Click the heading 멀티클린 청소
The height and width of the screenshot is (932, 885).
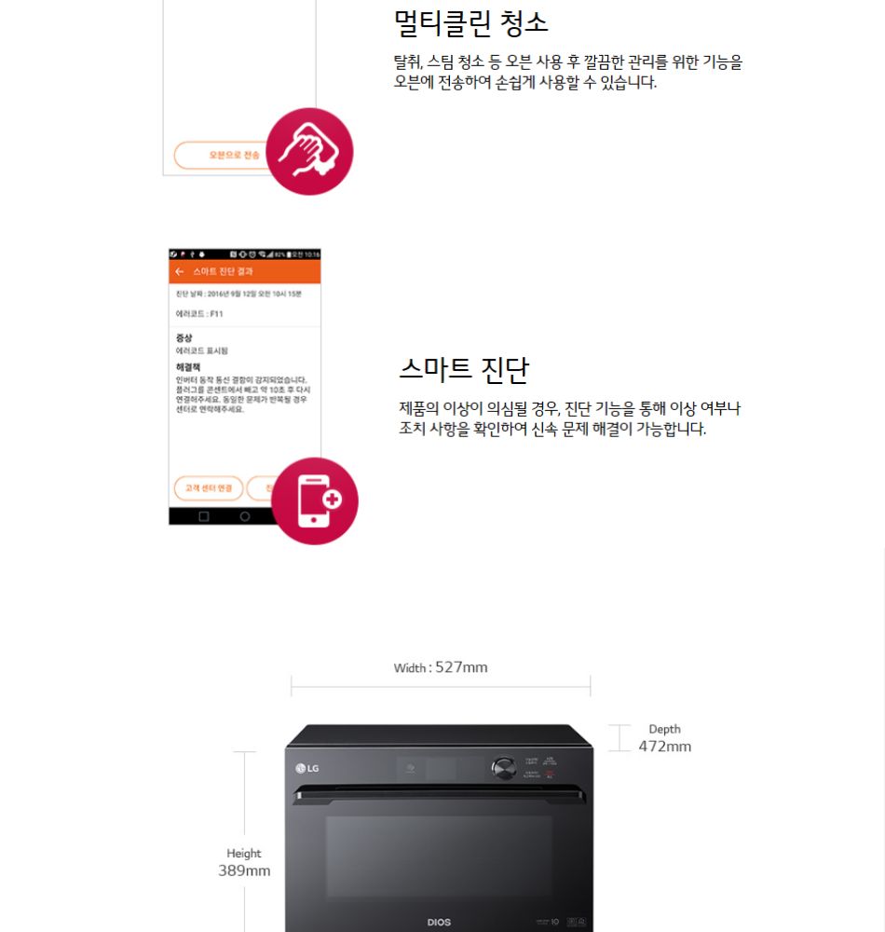[x=471, y=22]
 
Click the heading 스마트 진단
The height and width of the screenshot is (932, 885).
[x=463, y=369]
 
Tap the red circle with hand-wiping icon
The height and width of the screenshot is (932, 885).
[x=309, y=151]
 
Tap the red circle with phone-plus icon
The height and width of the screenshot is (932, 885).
[x=314, y=500]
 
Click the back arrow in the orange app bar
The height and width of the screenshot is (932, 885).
[x=179, y=271]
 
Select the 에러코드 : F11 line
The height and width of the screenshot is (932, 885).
[x=199, y=314]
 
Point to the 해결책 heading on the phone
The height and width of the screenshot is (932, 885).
[x=187, y=367]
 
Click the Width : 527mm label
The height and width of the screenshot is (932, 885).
[x=441, y=667]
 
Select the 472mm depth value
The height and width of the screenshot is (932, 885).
[x=664, y=747]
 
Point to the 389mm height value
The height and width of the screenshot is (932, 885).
[x=244, y=870]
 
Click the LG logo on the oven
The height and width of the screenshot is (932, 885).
[x=307, y=768]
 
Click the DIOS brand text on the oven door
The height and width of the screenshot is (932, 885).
[x=439, y=922]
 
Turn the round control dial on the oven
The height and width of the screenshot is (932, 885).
[x=504, y=768]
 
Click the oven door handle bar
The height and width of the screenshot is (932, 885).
[x=440, y=794]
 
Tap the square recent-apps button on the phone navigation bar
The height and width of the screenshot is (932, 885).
[x=204, y=516]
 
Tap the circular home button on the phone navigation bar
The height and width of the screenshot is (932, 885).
[x=245, y=516]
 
